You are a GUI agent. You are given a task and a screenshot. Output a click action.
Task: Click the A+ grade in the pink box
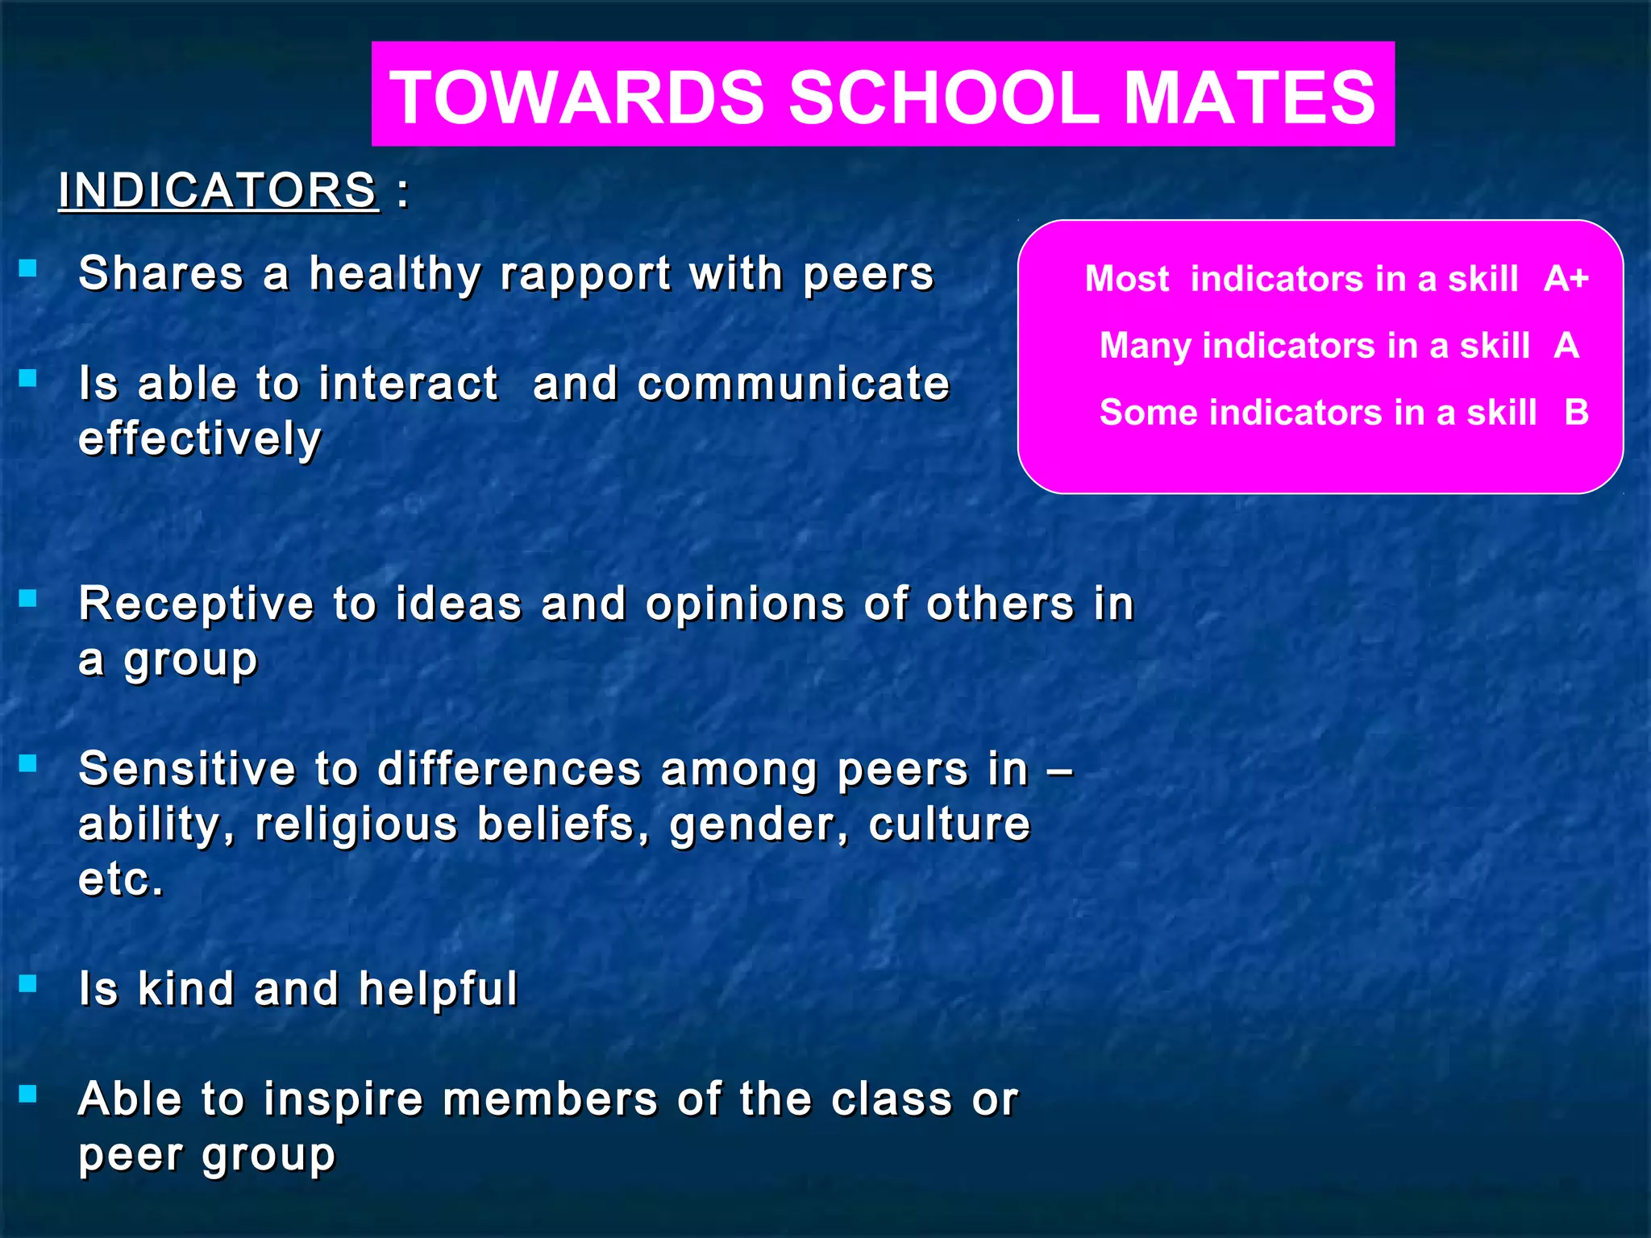(1566, 278)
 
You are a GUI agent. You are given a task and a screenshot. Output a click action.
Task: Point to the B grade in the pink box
(1576, 412)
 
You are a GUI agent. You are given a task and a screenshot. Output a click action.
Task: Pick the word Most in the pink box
(1126, 278)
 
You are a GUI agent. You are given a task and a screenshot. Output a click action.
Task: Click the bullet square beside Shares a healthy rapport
(28, 268)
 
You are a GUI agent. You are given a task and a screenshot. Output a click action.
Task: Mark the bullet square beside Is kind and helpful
(28, 983)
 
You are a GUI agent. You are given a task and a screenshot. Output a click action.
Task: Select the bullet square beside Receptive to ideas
(28, 598)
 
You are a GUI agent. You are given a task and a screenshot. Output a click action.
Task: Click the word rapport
(585, 274)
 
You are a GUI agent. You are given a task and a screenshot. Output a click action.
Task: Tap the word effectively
(200, 439)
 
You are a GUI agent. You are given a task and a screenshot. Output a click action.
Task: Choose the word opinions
(745, 604)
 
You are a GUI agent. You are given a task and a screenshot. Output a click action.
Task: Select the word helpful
(438, 989)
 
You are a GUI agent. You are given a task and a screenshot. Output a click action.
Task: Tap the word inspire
(343, 1100)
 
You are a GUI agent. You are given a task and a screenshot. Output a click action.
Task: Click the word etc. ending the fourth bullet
(121, 879)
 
